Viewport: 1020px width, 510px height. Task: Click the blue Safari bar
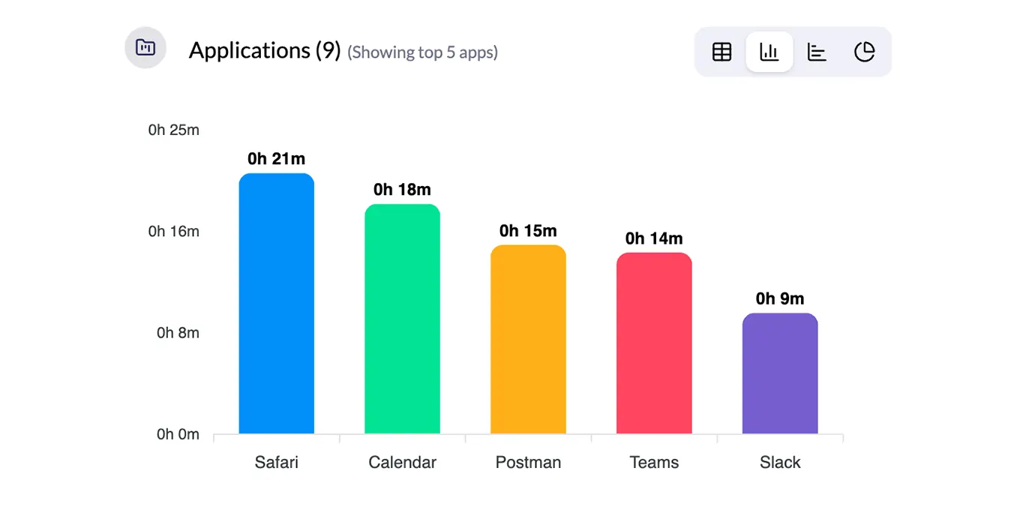tap(276, 304)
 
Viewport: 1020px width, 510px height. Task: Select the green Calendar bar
tap(402, 319)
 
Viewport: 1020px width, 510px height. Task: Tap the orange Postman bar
tap(528, 339)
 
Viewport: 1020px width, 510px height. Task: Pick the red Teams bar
tap(654, 343)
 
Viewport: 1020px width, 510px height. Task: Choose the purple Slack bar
tap(780, 373)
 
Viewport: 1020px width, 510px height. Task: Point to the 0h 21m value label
tap(276, 159)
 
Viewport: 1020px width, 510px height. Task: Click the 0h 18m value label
tap(402, 190)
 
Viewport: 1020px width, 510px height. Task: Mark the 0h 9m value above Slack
tap(780, 298)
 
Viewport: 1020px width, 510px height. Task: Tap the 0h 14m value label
tap(654, 238)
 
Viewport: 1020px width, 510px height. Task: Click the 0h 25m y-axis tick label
tap(173, 130)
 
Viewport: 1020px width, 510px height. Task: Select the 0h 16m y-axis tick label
tap(173, 231)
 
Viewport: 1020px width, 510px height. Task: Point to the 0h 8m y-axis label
tap(178, 332)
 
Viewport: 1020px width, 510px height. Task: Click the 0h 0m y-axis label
tap(178, 434)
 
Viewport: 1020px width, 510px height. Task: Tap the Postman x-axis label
tap(528, 462)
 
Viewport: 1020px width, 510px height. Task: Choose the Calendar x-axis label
tap(402, 462)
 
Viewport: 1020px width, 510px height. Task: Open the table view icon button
tap(721, 52)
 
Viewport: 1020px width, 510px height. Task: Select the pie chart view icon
tap(865, 52)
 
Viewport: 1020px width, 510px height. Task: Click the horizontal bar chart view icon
tap(817, 52)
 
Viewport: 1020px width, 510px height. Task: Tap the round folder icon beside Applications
tap(145, 48)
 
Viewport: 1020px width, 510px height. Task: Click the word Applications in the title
tap(249, 50)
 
